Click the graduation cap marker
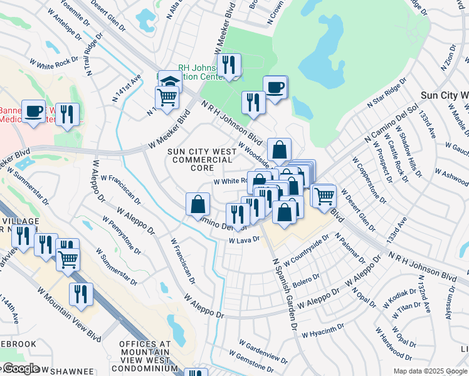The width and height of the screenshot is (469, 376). tap(169, 81)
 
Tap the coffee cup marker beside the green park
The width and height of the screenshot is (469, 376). tap(275, 86)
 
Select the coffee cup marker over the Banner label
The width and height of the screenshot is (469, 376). tap(34, 111)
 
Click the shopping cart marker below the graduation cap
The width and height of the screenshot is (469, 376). tap(167, 97)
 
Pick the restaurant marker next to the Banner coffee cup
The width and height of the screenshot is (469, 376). tap(67, 114)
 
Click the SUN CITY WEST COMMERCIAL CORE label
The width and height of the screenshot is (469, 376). tap(194, 160)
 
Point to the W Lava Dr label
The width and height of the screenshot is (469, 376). tap(244, 239)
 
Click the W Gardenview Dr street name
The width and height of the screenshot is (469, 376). tap(263, 350)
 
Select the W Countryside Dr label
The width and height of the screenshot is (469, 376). tap(306, 251)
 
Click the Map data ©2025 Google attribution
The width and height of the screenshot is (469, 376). tap(430, 371)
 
